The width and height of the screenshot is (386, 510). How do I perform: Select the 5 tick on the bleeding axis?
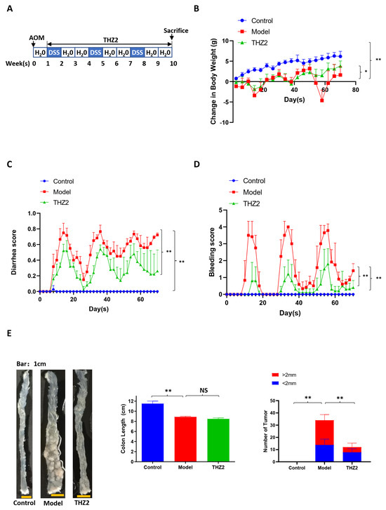pos(220,210)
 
